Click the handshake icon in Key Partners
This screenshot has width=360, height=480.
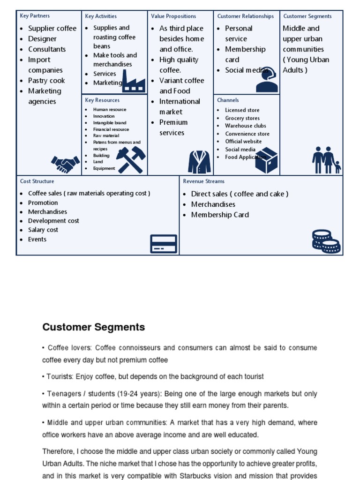pos(65,164)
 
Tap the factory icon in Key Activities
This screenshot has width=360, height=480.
pos(133,81)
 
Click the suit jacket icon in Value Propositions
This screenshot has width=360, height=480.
pos(199,162)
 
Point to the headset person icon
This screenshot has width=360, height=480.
pos(267,80)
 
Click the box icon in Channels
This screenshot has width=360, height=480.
pos(266,160)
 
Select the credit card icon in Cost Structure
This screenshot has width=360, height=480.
pos(163,244)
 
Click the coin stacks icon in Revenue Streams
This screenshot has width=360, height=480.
pos(326,241)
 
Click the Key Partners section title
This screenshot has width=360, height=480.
pos(35,16)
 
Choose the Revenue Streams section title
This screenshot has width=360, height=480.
pos(203,181)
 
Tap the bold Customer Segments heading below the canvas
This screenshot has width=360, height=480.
pos(93,327)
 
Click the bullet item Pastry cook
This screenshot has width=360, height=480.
pos(46,81)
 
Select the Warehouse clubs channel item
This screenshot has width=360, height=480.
pos(245,126)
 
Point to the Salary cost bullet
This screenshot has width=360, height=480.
pos(43,230)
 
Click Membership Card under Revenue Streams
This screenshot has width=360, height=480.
pos(220,215)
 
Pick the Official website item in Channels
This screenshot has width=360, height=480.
pos(243,141)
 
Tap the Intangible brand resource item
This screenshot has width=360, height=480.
pos(110,123)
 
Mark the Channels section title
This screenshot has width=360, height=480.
pos(228,100)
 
